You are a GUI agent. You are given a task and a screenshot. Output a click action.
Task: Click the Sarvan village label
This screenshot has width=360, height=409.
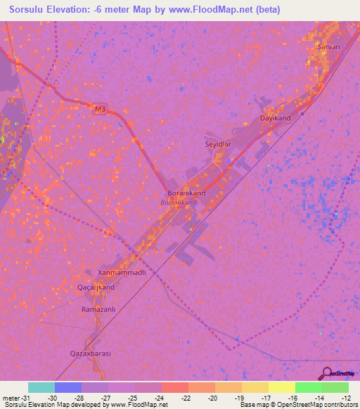(x=328, y=46)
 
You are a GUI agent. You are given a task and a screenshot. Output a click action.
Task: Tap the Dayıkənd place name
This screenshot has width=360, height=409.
(x=276, y=118)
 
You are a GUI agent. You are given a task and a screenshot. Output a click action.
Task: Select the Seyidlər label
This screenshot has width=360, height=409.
(x=217, y=143)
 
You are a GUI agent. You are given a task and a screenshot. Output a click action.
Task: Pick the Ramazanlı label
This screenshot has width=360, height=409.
(x=98, y=309)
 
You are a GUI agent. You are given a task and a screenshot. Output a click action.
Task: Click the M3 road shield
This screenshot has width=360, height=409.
(x=101, y=110)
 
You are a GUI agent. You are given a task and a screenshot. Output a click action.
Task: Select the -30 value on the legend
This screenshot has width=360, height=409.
(x=51, y=398)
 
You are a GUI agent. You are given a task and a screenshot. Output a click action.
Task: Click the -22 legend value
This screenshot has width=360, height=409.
(x=185, y=398)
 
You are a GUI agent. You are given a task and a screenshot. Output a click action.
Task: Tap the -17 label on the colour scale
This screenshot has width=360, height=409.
(x=266, y=398)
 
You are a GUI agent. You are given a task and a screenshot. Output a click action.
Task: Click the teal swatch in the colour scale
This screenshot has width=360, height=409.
(x=41, y=387)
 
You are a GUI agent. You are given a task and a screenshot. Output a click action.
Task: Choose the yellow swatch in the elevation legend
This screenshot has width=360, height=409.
(x=282, y=387)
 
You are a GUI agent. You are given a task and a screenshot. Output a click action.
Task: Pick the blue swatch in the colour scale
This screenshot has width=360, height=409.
(x=68, y=387)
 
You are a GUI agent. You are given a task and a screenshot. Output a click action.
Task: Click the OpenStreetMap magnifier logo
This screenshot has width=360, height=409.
(x=326, y=373)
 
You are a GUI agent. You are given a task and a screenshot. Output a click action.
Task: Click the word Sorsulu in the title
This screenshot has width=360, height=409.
(x=32, y=10)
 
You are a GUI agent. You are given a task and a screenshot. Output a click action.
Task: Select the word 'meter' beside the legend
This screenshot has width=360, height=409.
(x=13, y=398)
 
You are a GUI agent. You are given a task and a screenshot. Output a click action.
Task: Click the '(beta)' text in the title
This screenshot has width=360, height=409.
(x=266, y=10)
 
